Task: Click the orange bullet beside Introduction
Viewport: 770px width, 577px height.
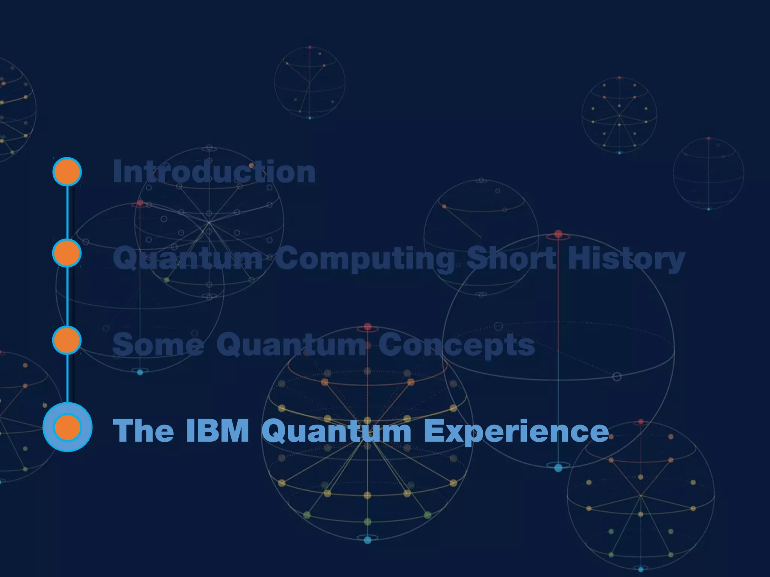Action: click(67, 172)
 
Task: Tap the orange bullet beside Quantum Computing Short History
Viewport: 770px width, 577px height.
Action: click(67, 253)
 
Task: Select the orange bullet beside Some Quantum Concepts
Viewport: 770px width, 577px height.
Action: click(67, 340)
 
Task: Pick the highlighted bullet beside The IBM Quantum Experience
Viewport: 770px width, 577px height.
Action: click(67, 427)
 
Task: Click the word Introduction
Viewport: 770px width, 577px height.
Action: click(214, 172)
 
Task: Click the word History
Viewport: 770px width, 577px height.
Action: click(626, 258)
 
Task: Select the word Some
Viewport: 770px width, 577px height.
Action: click(158, 344)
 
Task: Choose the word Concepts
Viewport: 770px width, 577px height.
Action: click(456, 345)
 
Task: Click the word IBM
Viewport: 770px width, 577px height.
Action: click(218, 430)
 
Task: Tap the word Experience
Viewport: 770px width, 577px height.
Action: click(516, 431)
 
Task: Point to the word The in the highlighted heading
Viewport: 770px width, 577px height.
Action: click(143, 430)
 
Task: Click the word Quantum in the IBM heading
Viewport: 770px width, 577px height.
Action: click(336, 431)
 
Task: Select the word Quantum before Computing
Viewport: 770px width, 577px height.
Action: click(188, 258)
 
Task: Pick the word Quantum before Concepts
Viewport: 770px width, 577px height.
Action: click(291, 344)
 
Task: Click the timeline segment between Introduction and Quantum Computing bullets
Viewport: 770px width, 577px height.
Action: click(67, 212)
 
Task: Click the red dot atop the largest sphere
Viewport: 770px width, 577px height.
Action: click(558, 234)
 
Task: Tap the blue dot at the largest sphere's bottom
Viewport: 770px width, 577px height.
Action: click(558, 468)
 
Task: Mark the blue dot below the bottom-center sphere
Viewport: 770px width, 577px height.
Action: click(368, 540)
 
